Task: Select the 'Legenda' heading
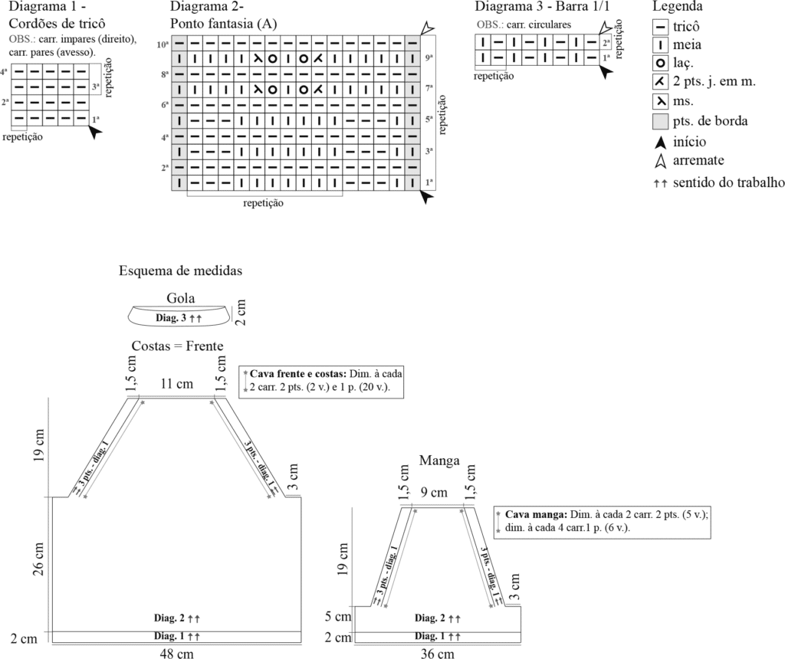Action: coord(678,7)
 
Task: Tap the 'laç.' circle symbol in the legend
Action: coord(660,64)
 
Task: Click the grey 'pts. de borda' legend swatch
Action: coord(660,121)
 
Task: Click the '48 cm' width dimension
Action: coord(176,653)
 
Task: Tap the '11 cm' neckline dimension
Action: coord(176,384)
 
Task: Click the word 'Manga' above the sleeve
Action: coord(438,461)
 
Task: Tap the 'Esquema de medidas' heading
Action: coord(181,271)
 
